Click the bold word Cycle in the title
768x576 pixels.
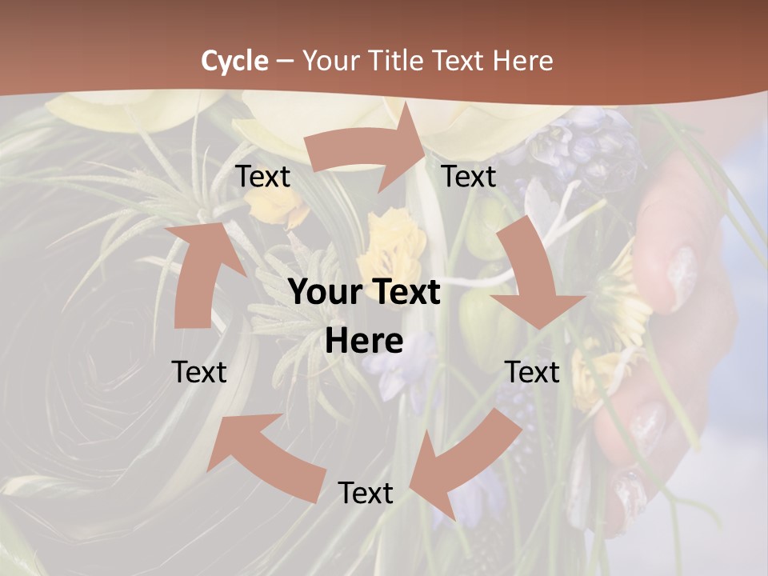tap(234, 61)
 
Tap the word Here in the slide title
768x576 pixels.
tap(523, 61)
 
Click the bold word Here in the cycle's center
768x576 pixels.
tap(364, 342)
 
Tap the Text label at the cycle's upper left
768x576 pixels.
tap(262, 177)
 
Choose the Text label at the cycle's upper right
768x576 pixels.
tap(469, 177)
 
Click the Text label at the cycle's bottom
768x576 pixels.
tap(366, 493)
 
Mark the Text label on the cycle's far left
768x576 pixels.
tap(199, 372)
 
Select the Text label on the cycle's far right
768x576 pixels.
tap(532, 372)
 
